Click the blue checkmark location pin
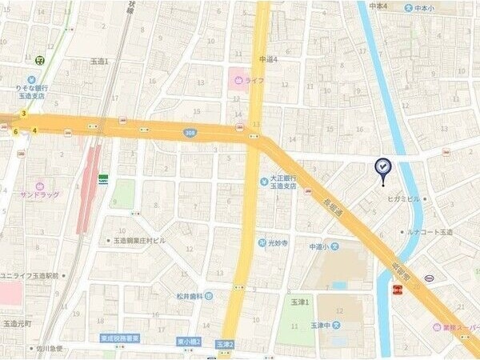pyautogui.click(x=382, y=166)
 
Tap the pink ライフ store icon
pyautogui.click(x=238, y=81)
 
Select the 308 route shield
pyautogui.click(x=189, y=133)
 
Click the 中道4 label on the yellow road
pyautogui.click(x=268, y=59)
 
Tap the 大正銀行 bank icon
pyautogui.click(x=262, y=182)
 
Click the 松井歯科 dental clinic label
pyautogui.click(x=191, y=296)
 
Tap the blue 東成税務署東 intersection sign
pyautogui.click(x=121, y=338)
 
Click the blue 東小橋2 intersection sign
pyautogui.click(x=189, y=343)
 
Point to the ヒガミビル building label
pyautogui.click(x=404, y=198)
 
